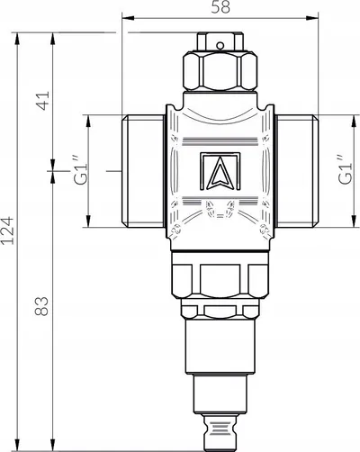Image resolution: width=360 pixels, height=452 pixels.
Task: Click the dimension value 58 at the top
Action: (x=220, y=7)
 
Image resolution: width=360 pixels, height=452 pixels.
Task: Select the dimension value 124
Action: (x=7, y=231)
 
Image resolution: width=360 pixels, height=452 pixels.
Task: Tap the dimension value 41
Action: (x=42, y=101)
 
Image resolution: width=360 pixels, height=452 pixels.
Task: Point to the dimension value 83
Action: (x=41, y=306)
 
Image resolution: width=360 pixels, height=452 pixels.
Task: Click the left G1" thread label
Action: (x=80, y=170)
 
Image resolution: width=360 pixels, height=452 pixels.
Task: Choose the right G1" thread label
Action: (x=345, y=169)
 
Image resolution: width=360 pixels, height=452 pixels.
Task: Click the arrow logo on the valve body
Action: (x=220, y=171)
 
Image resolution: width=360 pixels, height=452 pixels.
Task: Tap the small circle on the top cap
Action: (x=220, y=46)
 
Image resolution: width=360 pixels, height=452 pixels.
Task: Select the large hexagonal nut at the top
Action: (x=220, y=71)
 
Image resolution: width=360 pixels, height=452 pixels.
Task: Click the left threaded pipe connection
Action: (x=143, y=171)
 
